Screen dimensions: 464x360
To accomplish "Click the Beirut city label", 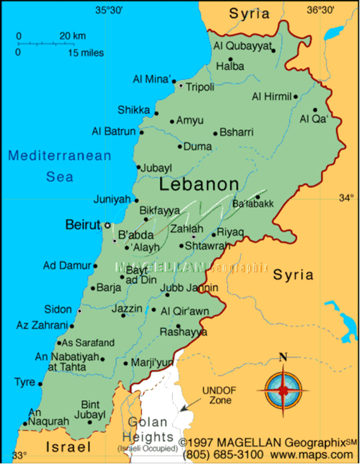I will pyautogui.click(x=82, y=225).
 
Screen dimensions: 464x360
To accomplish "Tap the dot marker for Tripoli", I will pyautogui.click(x=181, y=86).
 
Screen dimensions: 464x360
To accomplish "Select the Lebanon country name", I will pyautogui.click(x=199, y=184).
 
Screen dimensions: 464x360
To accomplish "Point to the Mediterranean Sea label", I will pyautogui.click(x=59, y=166).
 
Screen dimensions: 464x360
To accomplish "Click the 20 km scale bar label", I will pyautogui.click(x=72, y=36).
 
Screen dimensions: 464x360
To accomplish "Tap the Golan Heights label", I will pyautogui.click(x=148, y=429).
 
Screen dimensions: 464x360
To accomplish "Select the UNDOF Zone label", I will pyautogui.click(x=216, y=395).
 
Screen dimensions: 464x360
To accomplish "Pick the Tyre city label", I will pyautogui.click(x=25, y=382).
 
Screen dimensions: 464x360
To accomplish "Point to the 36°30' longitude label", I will pyautogui.click(x=321, y=9).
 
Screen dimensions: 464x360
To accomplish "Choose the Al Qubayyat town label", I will pyautogui.click(x=242, y=45).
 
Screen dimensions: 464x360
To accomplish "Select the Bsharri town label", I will pyautogui.click(x=236, y=132).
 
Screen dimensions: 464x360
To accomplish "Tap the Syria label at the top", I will pyautogui.click(x=249, y=14).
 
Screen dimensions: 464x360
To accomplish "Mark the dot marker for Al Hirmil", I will pyautogui.click(x=296, y=97).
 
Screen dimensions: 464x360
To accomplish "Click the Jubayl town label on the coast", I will pyautogui.click(x=156, y=168).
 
